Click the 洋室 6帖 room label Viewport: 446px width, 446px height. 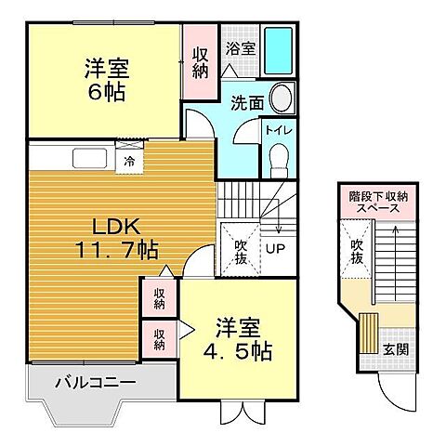pyautogui.click(x=106, y=80)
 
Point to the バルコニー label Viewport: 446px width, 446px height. pyautogui.click(x=94, y=382)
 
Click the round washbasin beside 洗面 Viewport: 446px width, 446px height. pyautogui.click(x=282, y=98)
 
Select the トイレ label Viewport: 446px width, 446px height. pyautogui.click(x=278, y=132)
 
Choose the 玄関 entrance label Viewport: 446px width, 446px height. pyautogui.click(x=395, y=350)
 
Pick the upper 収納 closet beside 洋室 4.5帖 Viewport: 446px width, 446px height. pyautogui.click(x=160, y=297)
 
